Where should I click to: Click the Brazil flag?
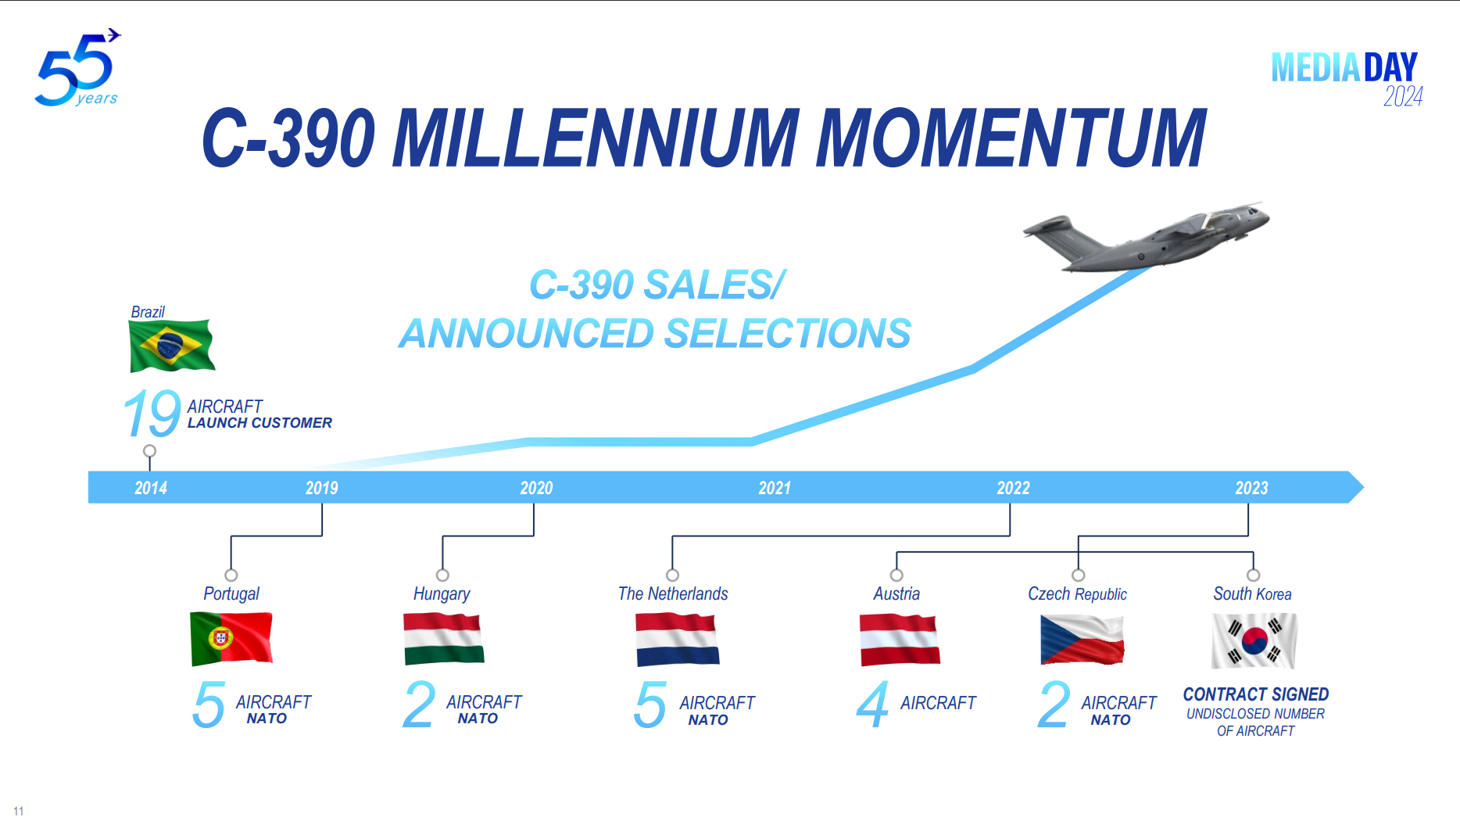[171, 345]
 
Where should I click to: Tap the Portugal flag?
[231, 638]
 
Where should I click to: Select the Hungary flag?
[443, 639]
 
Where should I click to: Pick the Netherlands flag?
[677, 640]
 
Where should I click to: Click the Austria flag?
[900, 640]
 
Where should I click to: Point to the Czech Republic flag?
[1082, 640]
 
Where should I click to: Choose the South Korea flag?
[1254, 640]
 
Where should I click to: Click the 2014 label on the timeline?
[151, 488]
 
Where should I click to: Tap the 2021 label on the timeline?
[775, 488]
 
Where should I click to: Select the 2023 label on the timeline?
[1251, 488]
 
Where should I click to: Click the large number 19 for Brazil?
[152, 414]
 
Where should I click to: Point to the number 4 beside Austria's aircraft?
[872, 704]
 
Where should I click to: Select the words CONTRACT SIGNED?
[1255, 694]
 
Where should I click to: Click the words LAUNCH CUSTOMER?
[259, 423]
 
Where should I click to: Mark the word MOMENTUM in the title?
[1011, 138]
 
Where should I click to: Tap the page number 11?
[19, 811]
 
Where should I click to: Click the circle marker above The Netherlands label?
[672, 575]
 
